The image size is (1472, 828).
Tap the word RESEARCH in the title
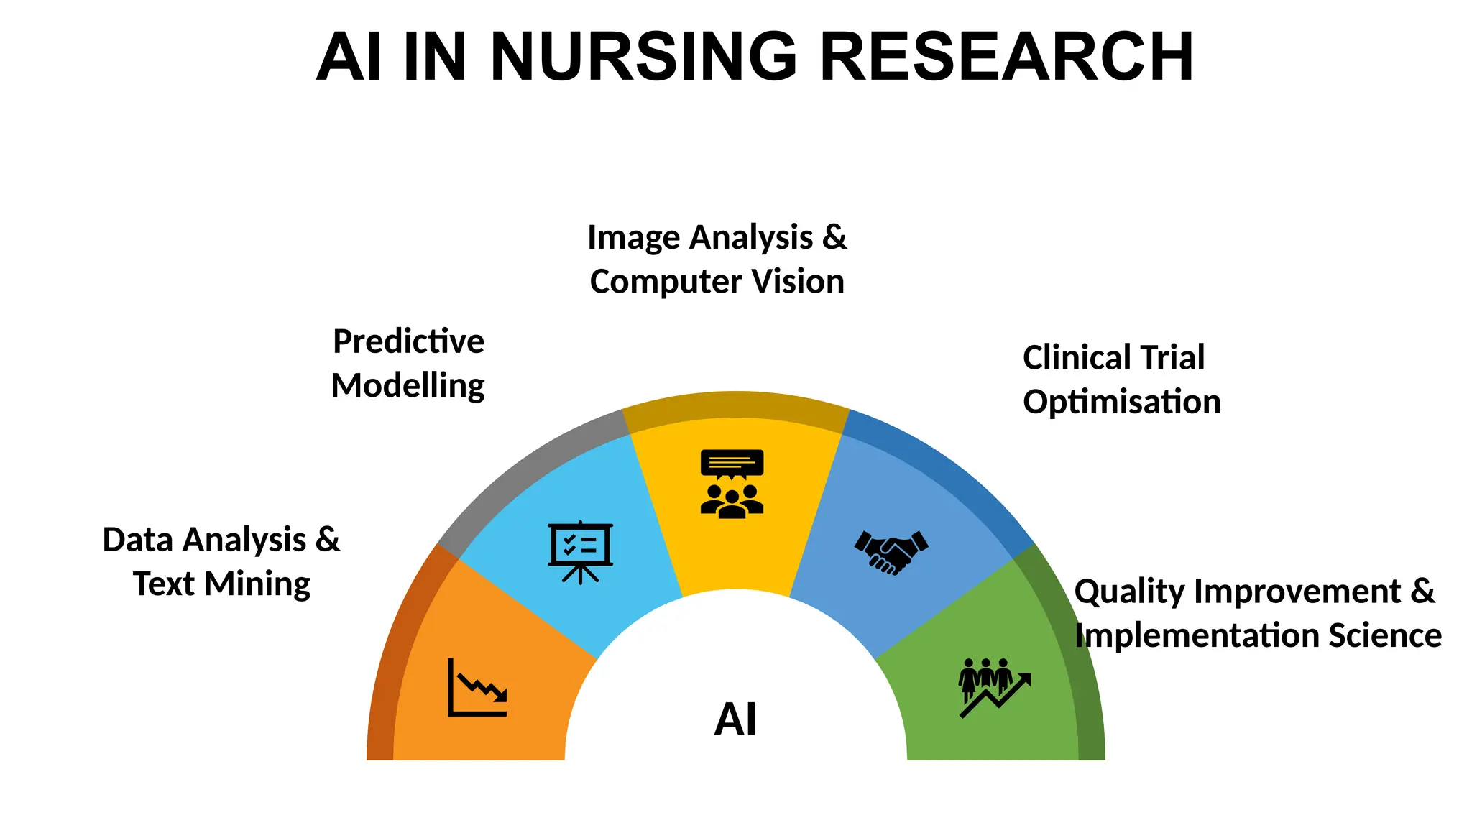[x=1006, y=57]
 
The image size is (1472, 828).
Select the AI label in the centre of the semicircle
[x=735, y=719]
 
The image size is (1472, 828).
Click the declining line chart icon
[x=477, y=688]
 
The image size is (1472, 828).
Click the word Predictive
[x=408, y=341]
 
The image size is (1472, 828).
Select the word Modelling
[x=408, y=386]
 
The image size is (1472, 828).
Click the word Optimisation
[x=1122, y=402]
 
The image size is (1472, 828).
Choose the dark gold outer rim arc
[x=735, y=404]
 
